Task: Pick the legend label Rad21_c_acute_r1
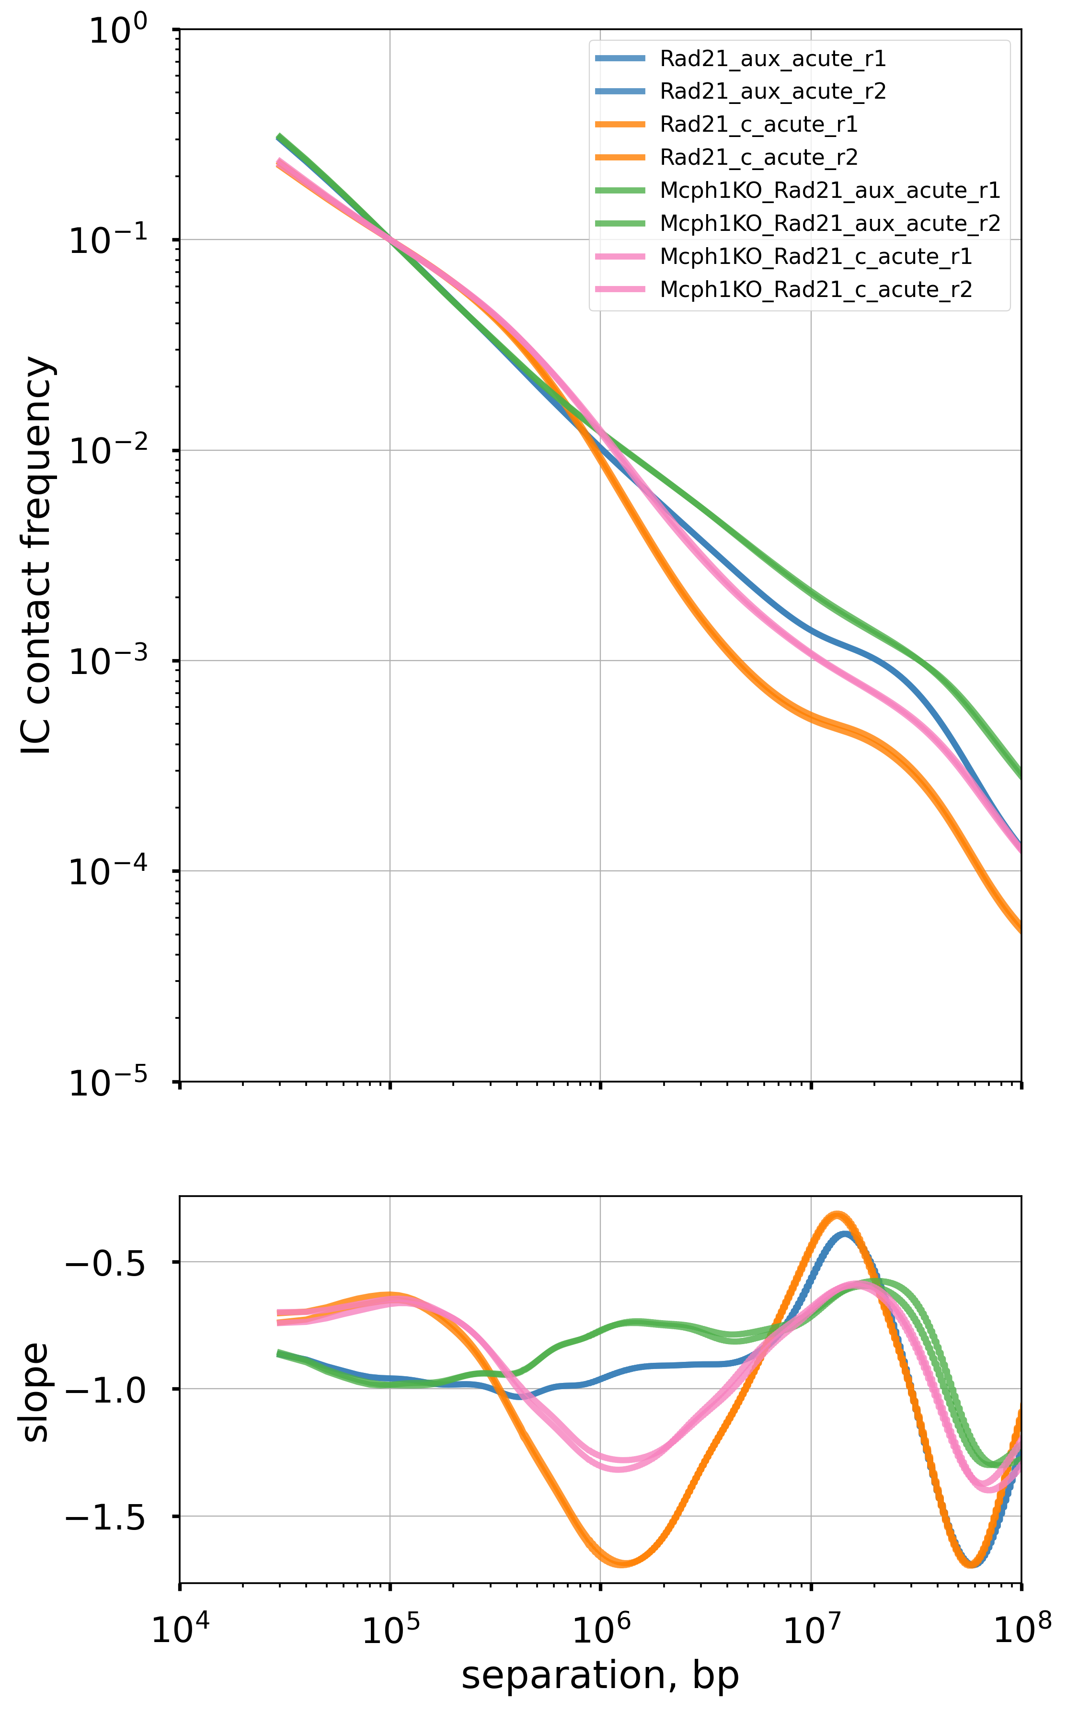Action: (758, 125)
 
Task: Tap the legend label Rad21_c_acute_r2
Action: (758, 157)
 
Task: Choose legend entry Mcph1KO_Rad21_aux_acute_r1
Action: (829, 191)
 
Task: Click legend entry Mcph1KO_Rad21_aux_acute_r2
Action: (829, 224)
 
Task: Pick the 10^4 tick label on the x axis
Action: (181, 1609)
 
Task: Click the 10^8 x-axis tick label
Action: (1022, 1609)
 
